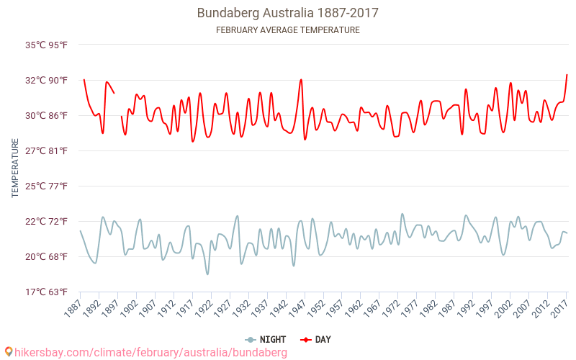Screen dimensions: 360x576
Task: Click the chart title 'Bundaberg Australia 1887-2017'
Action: (288, 13)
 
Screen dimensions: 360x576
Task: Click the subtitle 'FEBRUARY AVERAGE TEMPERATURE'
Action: (288, 30)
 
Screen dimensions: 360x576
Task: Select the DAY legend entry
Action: (317, 339)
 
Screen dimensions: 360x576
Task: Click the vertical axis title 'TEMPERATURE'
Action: (15, 168)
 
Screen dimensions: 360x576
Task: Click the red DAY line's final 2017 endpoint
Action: (567, 75)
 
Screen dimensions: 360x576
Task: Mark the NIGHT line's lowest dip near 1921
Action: (207, 274)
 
